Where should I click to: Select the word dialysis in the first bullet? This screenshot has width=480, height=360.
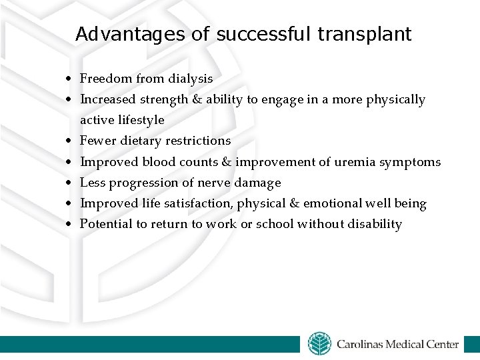190,79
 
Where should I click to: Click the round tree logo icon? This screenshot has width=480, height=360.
319,343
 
